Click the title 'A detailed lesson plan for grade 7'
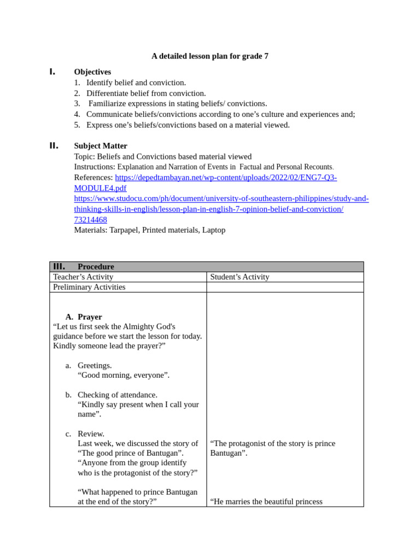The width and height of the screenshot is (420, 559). click(x=209, y=56)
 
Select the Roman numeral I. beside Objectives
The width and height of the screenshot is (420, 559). click(x=52, y=72)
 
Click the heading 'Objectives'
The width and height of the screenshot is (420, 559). click(x=92, y=72)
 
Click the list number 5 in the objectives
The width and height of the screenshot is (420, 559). click(x=77, y=125)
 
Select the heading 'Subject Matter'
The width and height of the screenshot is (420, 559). click(x=101, y=146)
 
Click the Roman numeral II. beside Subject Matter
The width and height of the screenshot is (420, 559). click(x=54, y=146)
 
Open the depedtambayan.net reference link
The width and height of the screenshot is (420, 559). click(x=225, y=177)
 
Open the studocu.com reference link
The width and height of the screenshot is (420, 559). click(x=221, y=199)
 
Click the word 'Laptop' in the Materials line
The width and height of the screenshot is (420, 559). click(x=214, y=230)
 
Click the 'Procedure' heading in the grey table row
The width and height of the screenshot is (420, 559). click(x=96, y=267)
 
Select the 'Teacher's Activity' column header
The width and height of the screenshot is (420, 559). click(x=83, y=277)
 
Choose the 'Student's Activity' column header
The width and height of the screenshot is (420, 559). click(x=240, y=277)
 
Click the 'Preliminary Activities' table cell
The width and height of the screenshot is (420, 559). click(x=89, y=287)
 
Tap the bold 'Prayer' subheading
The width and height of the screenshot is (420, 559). click(x=90, y=317)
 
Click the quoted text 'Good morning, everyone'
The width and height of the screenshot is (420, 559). click(x=123, y=375)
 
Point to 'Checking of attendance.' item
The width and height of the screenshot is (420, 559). click(x=117, y=395)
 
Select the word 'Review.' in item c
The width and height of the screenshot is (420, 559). click(x=91, y=433)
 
